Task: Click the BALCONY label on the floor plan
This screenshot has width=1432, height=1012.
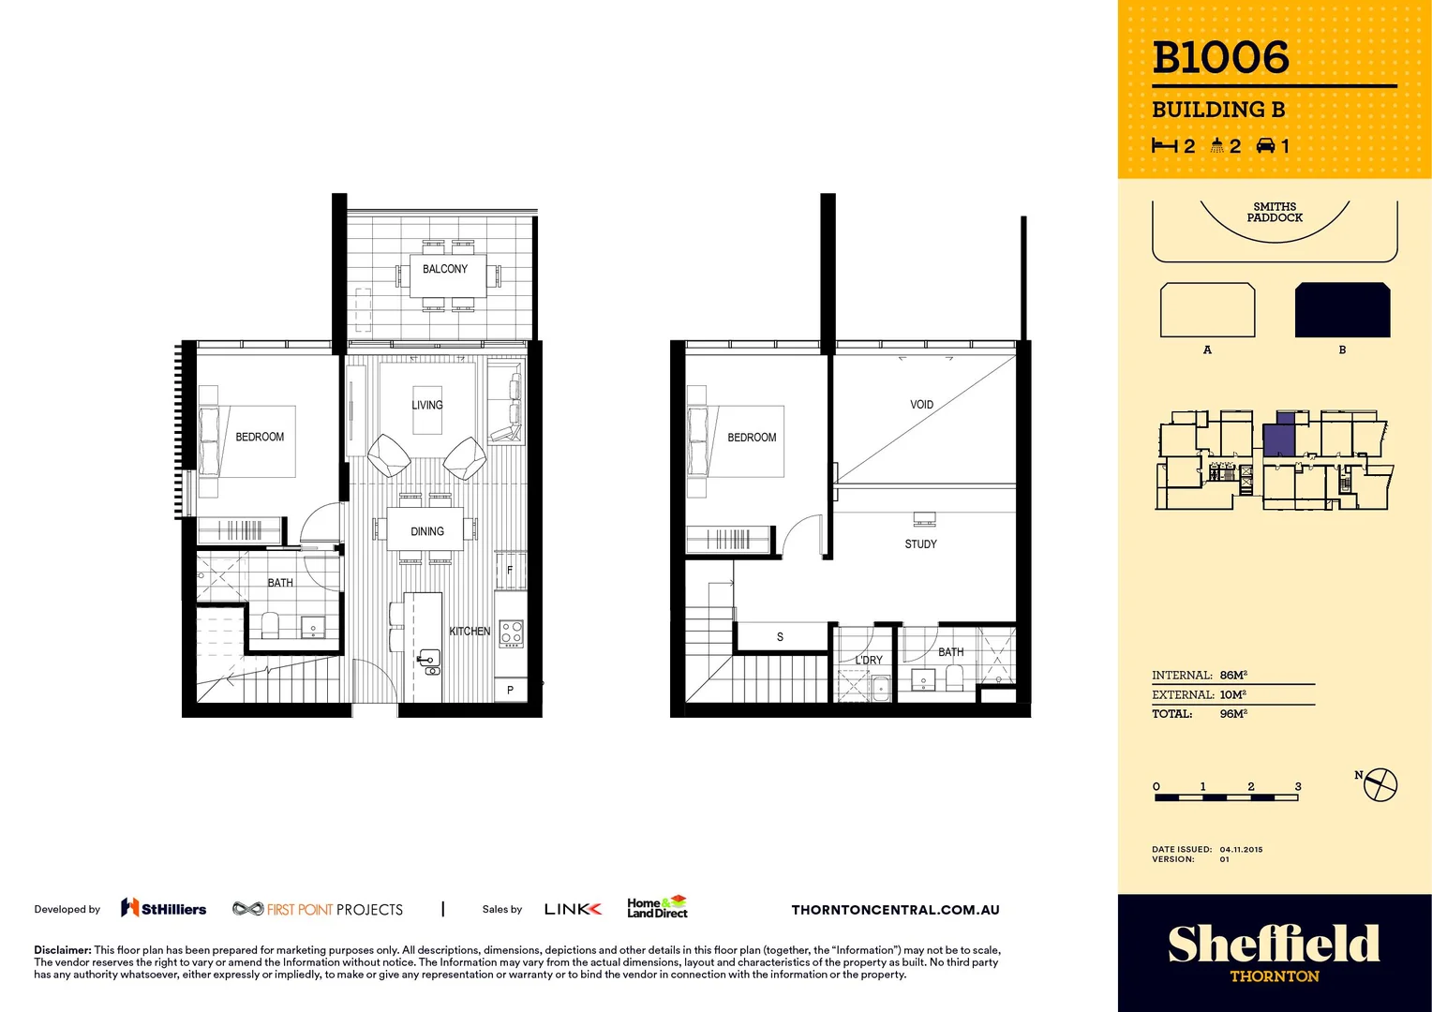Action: [444, 269]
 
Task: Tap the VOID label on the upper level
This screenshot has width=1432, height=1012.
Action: [921, 405]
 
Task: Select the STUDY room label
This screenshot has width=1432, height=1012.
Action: [920, 544]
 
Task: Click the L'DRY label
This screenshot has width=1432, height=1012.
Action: [869, 661]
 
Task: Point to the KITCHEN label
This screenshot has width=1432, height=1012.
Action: [470, 632]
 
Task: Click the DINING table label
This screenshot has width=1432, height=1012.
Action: [427, 531]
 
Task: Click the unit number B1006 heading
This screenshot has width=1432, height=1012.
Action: [1220, 58]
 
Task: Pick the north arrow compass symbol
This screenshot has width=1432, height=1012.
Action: [1380, 784]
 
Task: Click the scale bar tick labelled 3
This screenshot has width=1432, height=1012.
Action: [1298, 787]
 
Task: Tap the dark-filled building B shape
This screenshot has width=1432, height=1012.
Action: [1342, 310]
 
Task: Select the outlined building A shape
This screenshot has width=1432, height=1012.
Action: [1207, 310]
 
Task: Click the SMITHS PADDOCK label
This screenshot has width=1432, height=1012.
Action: [1275, 213]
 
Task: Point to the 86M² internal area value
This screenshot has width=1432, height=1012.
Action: [1233, 675]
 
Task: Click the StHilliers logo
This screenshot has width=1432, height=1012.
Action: [164, 908]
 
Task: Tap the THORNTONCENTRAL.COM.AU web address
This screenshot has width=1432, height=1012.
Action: [895, 910]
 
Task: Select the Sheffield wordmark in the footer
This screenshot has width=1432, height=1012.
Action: [1274, 944]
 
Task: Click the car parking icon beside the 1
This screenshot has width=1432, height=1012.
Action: [1265, 145]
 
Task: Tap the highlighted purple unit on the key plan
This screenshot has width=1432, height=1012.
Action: [1278, 438]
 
